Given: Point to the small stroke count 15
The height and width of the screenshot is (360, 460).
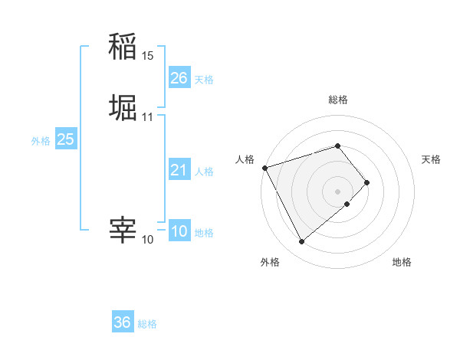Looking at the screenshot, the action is point(147,56).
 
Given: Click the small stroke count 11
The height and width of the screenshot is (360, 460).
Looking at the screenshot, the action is point(147,117).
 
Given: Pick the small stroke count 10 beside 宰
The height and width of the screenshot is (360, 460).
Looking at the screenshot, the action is point(147,240).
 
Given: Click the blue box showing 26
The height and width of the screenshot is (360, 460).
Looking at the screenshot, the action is point(179,77).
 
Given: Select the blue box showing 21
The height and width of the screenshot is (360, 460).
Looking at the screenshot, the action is point(179,170).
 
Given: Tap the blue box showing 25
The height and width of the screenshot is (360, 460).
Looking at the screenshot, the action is point(65,139).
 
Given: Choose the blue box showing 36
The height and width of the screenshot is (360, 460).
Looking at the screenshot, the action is point(123,322).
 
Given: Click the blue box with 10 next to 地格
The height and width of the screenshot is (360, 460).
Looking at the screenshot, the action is point(179,231).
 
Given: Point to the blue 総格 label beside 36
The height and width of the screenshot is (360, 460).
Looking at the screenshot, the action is point(147,324).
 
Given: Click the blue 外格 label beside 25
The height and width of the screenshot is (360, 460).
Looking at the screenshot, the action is point(41,141).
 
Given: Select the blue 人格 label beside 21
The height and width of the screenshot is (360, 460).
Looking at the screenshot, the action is point(205,172).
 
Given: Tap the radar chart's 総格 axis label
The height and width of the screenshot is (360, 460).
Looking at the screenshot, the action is point(338,100).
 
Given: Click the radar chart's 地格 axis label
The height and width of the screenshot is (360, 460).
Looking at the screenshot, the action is point(402,263).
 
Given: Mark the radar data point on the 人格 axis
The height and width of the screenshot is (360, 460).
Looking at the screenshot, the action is point(264,167).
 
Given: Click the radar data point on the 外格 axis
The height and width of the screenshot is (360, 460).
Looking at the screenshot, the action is point(301,242).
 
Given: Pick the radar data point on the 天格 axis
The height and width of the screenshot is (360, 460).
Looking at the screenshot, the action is point(367,182).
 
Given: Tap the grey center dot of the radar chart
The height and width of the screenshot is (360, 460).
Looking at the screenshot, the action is point(338,191).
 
